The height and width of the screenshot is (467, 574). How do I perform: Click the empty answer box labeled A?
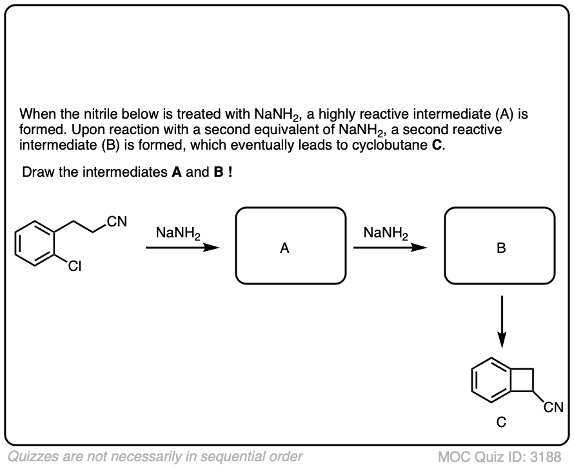[x=285, y=245]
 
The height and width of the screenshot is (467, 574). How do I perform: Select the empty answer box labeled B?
[x=500, y=245]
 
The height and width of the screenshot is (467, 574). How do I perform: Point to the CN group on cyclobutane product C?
[x=553, y=406]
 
